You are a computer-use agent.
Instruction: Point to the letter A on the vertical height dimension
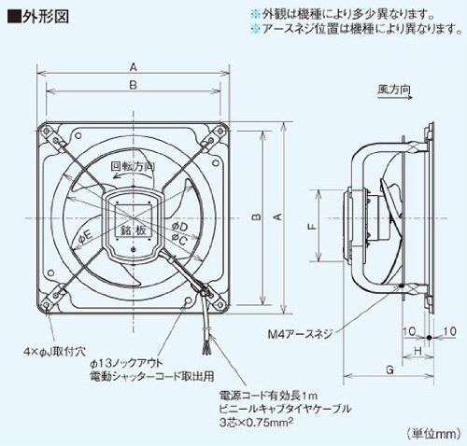point(276,216)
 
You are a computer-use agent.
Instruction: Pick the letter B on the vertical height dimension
point(255,216)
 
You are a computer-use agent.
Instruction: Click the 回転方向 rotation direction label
point(132,165)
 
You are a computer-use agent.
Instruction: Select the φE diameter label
point(85,232)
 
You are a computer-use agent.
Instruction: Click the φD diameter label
point(180,226)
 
